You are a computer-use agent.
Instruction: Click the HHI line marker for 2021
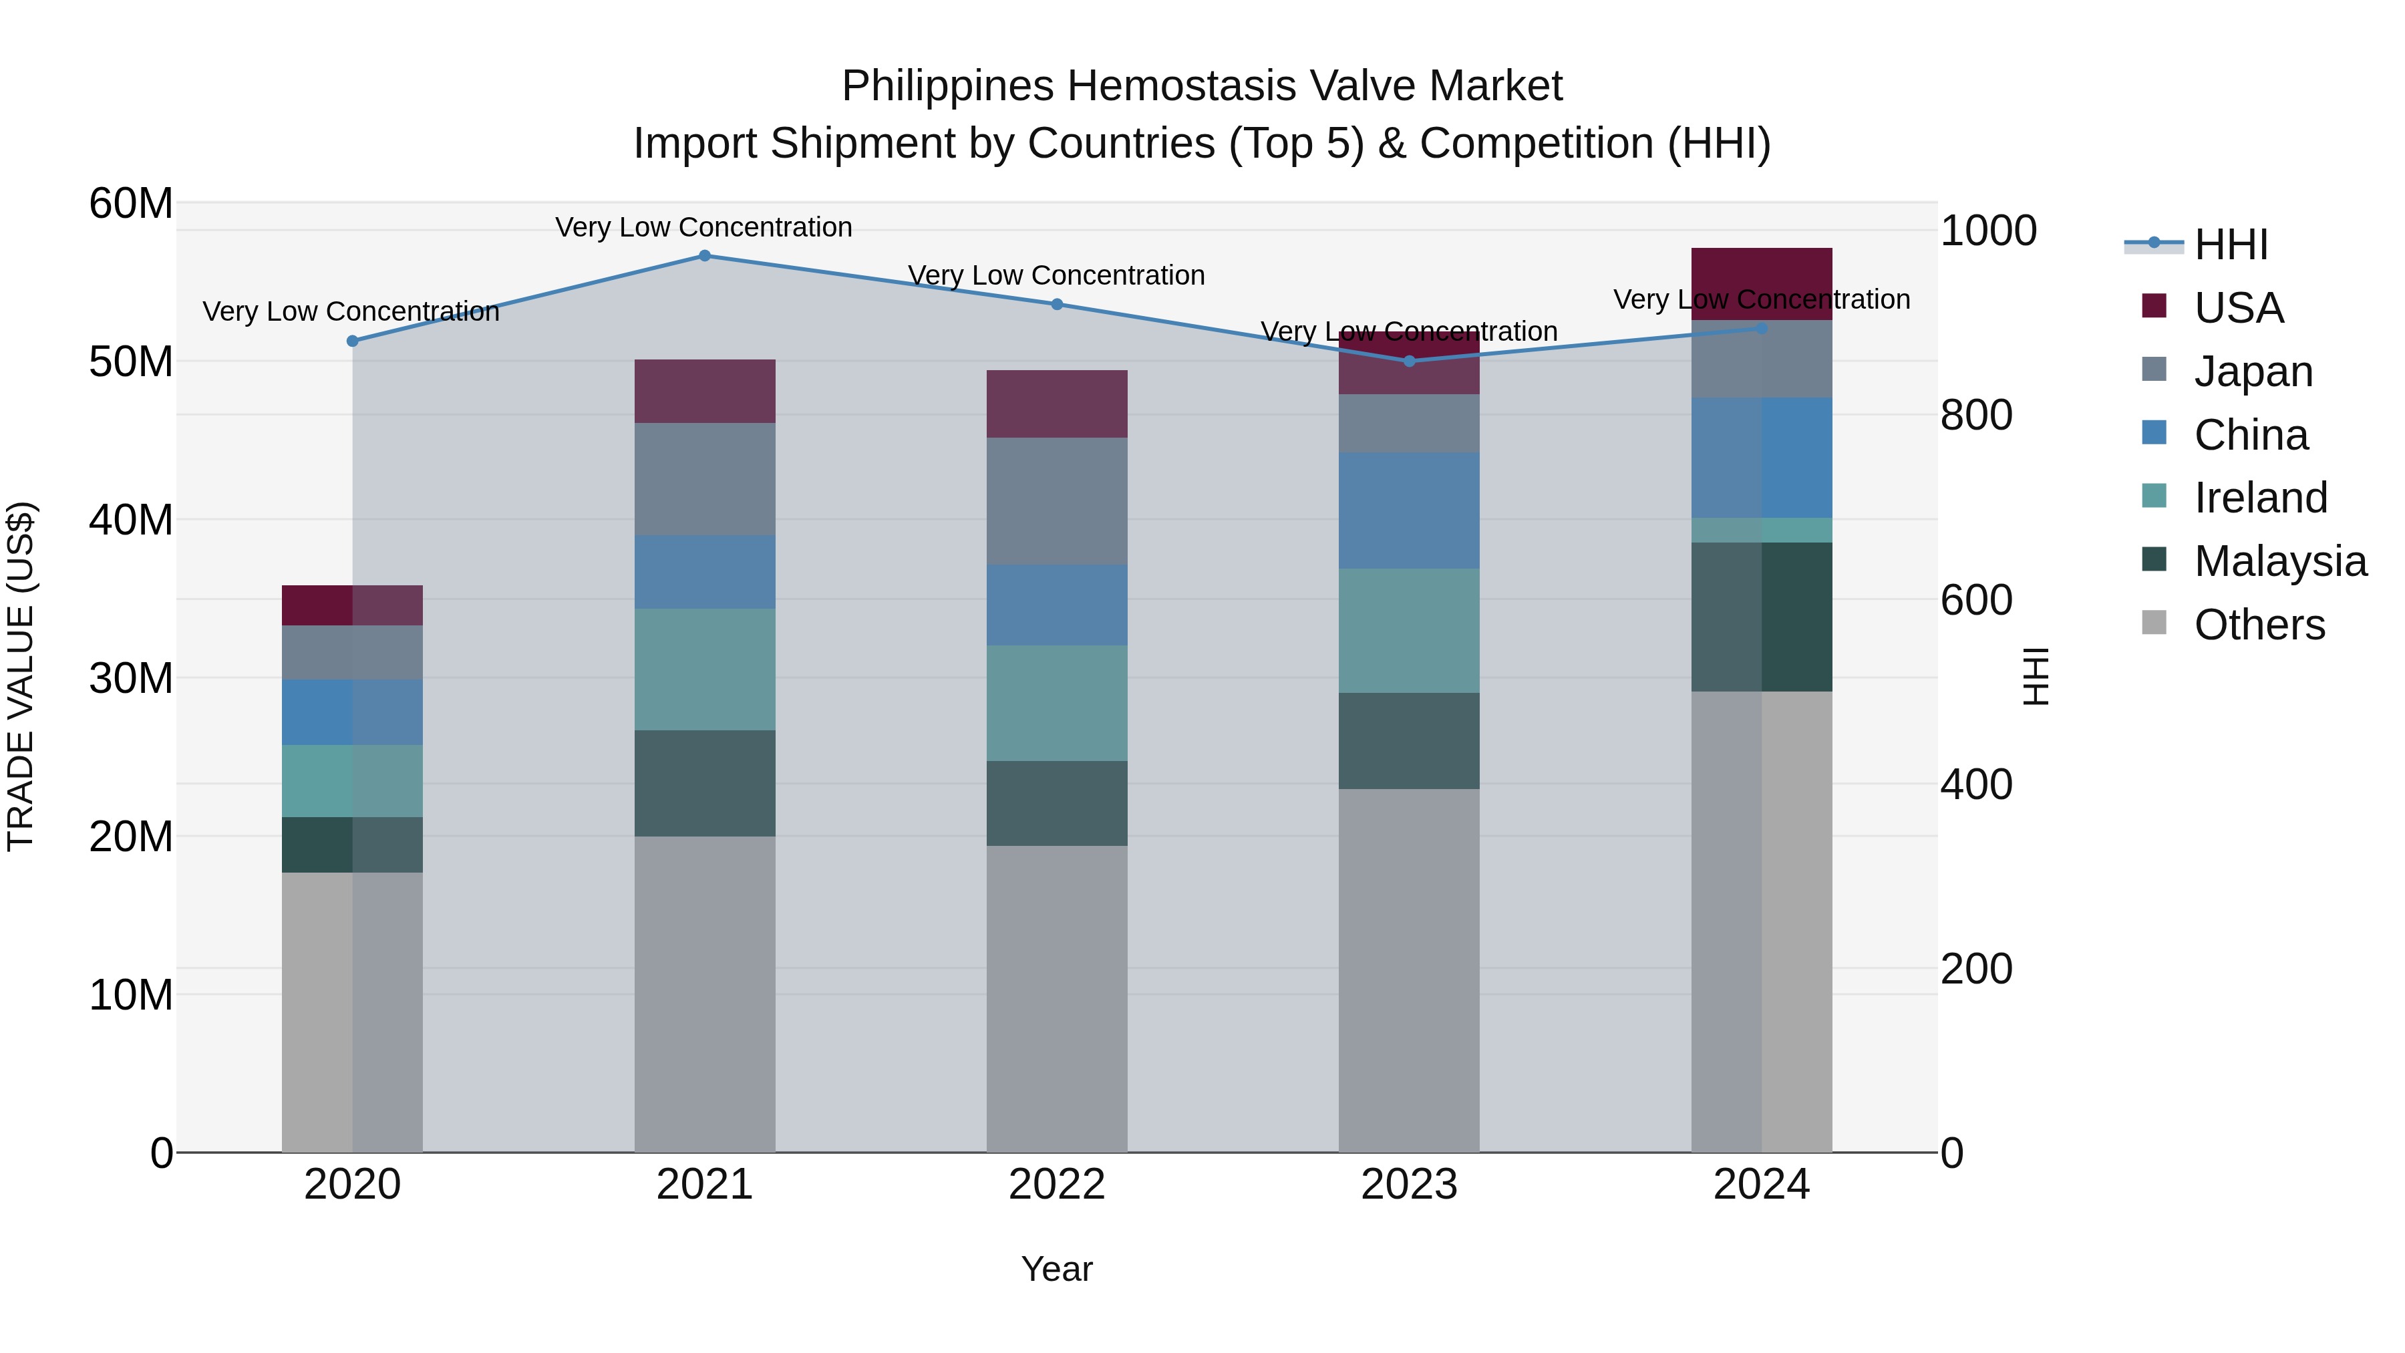tap(705, 256)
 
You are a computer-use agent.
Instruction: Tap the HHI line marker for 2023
tap(1410, 361)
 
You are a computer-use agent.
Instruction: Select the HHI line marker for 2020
tap(353, 341)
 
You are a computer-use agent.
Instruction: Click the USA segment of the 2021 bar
tap(705, 392)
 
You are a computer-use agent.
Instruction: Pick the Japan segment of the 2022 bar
tap(1057, 501)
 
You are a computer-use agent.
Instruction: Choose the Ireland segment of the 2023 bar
tap(1409, 631)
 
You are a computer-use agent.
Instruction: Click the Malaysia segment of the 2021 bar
tap(705, 784)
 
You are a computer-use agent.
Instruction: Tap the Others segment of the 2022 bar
tap(1057, 999)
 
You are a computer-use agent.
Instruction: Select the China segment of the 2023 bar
tap(1409, 510)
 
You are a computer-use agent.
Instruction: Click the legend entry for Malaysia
tap(2280, 561)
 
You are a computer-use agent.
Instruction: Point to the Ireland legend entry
tap(2260, 498)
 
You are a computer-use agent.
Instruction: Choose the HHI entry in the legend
tap(2231, 245)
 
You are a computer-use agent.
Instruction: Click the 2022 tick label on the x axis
tap(1057, 1185)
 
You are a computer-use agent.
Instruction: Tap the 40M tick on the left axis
tap(131, 520)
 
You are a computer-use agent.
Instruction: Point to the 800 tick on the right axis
tap(1977, 416)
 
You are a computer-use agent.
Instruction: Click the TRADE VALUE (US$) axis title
tap(21, 676)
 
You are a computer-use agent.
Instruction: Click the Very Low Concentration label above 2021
tap(704, 227)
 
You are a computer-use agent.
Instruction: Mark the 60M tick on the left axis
tap(131, 204)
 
